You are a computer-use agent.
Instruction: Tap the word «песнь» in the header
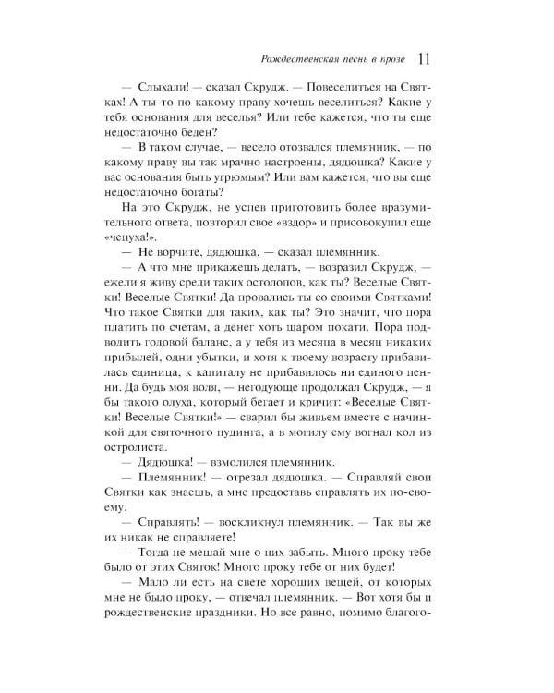352,61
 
